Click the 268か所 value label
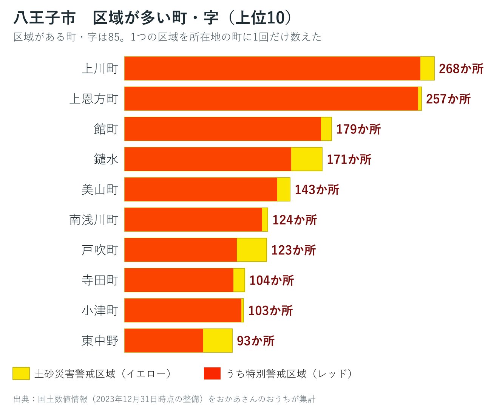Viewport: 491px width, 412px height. click(x=461, y=69)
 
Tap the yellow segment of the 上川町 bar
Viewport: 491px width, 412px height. click(x=427, y=68)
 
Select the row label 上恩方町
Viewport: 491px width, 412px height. click(x=94, y=99)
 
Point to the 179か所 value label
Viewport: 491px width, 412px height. click(x=358, y=129)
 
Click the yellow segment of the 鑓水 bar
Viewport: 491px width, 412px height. click(x=306, y=159)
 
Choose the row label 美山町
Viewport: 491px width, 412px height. click(x=100, y=189)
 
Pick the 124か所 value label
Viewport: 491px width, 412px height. click(x=295, y=220)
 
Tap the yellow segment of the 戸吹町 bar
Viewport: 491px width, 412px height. click(x=252, y=249)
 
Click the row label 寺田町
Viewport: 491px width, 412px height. click(x=100, y=280)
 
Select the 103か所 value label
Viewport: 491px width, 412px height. click(x=270, y=310)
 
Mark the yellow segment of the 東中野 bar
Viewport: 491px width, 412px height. click(x=218, y=341)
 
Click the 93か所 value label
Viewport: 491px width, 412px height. click(x=256, y=341)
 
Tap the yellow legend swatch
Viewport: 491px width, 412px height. click(x=21, y=373)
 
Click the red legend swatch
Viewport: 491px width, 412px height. click(x=212, y=373)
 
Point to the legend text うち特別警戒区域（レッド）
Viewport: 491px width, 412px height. click(x=289, y=374)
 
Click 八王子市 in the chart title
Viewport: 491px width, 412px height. click(x=45, y=18)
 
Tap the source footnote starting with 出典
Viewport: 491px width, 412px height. click(x=164, y=399)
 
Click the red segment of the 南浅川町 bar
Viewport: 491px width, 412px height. click(x=193, y=220)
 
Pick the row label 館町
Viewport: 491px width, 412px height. click(x=106, y=129)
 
